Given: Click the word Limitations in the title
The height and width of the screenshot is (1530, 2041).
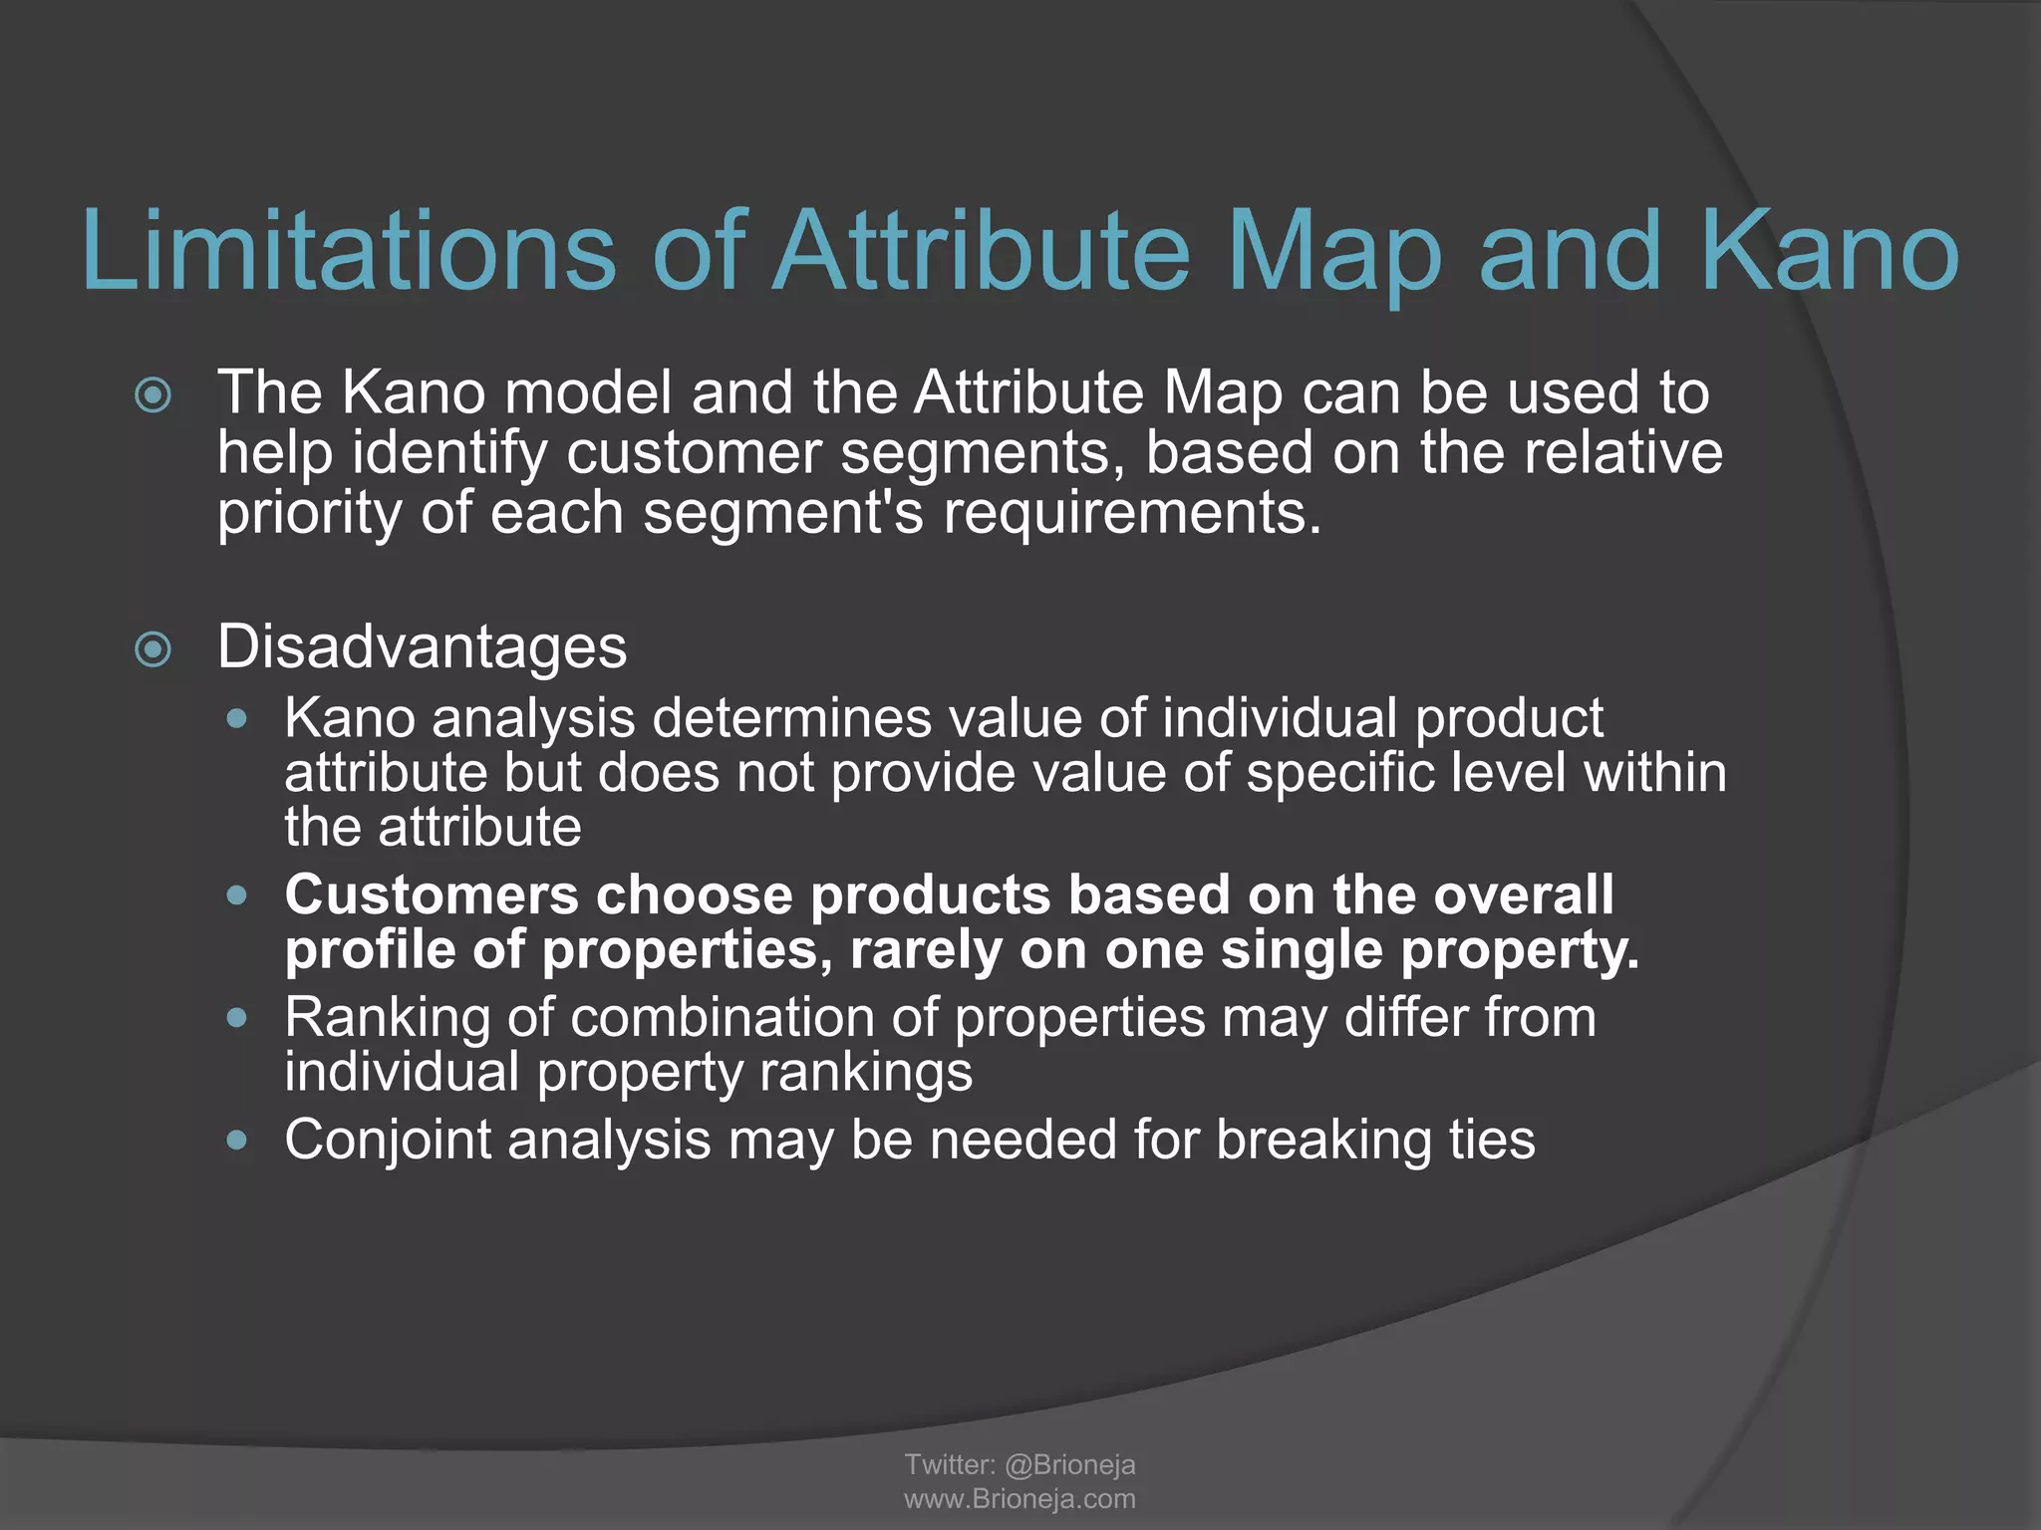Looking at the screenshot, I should click(349, 251).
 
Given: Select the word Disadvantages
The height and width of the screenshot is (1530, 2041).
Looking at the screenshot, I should click(422, 646).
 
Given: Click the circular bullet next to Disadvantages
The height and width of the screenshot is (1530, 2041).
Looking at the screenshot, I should click(153, 650).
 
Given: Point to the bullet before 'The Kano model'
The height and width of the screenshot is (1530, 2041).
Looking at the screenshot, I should click(153, 395).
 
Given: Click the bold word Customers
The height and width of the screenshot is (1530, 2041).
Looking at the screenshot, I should click(431, 894).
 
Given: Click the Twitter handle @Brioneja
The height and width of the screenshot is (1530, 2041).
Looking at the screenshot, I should click(1069, 1464).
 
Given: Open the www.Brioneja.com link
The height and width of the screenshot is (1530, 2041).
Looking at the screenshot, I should click(1020, 1499).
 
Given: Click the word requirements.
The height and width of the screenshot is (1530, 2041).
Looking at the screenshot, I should click(1132, 514).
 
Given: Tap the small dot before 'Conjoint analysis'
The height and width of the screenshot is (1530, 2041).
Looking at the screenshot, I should click(236, 1140).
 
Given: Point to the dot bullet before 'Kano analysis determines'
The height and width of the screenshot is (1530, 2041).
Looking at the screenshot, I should click(236, 718).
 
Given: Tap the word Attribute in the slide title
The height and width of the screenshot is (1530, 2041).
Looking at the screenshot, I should click(982, 251).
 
